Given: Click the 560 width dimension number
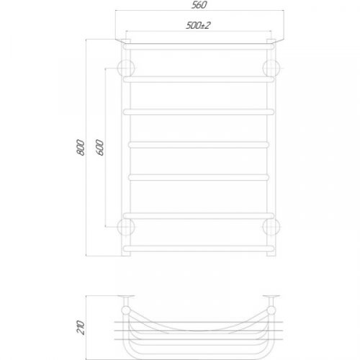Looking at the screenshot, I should click(x=199, y=6).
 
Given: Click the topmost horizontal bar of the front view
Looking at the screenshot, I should click(x=199, y=44).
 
